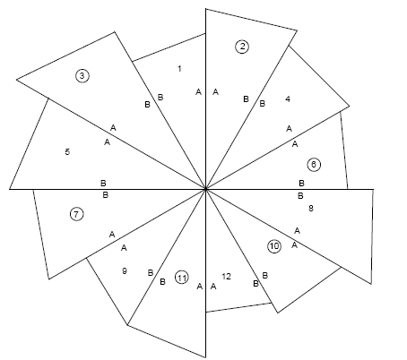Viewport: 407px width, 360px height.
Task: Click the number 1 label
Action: pos(179,69)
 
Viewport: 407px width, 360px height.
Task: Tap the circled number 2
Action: pos(242,47)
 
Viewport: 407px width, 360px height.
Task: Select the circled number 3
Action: pos(82,75)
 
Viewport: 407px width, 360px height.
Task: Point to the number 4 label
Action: pos(288,99)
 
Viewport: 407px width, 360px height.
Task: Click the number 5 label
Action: pos(67,152)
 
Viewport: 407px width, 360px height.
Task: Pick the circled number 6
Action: pos(314,165)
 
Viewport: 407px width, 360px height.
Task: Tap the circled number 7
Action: pos(76,214)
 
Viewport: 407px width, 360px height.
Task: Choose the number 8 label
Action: pos(311,209)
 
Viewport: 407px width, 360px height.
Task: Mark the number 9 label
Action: pos(125,271)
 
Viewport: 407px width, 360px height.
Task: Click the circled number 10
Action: pos(274,246)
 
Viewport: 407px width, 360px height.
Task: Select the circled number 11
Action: pos(181,278)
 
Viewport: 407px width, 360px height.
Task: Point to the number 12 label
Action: pos(227,277)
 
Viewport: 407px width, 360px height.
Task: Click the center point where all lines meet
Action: pos(205,189)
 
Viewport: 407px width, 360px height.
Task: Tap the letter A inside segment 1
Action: pos(198,92)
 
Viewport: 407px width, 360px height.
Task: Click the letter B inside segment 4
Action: pos(262,104)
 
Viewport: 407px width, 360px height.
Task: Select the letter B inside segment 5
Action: pos(103,183)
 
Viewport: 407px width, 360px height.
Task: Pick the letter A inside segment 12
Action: pos(213,287)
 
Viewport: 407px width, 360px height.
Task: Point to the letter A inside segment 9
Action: pos(124,248)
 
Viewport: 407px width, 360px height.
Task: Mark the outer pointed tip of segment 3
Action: pos(16,80)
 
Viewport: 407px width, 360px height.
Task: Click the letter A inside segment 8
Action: pos(297,231)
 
